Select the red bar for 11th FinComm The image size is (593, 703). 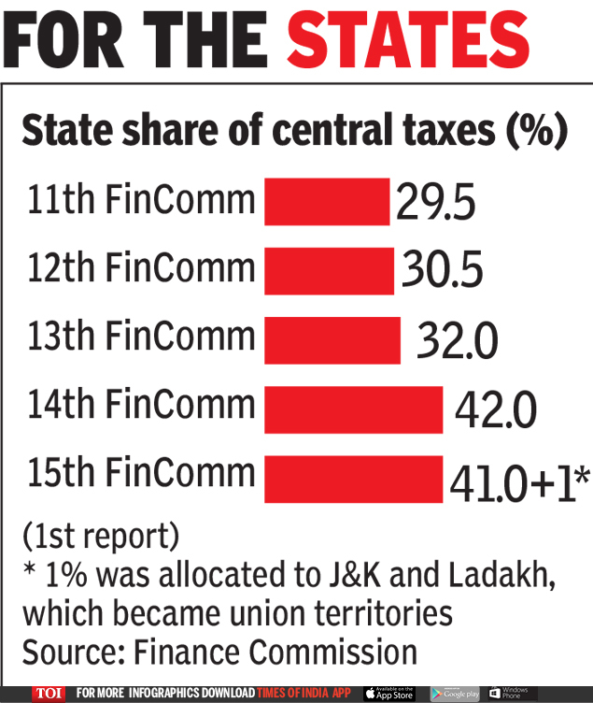326,201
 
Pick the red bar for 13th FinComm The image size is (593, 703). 332,339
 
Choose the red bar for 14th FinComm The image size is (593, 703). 353,409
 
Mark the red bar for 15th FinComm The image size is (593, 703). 353,478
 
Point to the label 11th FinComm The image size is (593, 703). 140,199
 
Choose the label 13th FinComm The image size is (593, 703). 140,336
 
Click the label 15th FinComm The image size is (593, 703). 140,472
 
